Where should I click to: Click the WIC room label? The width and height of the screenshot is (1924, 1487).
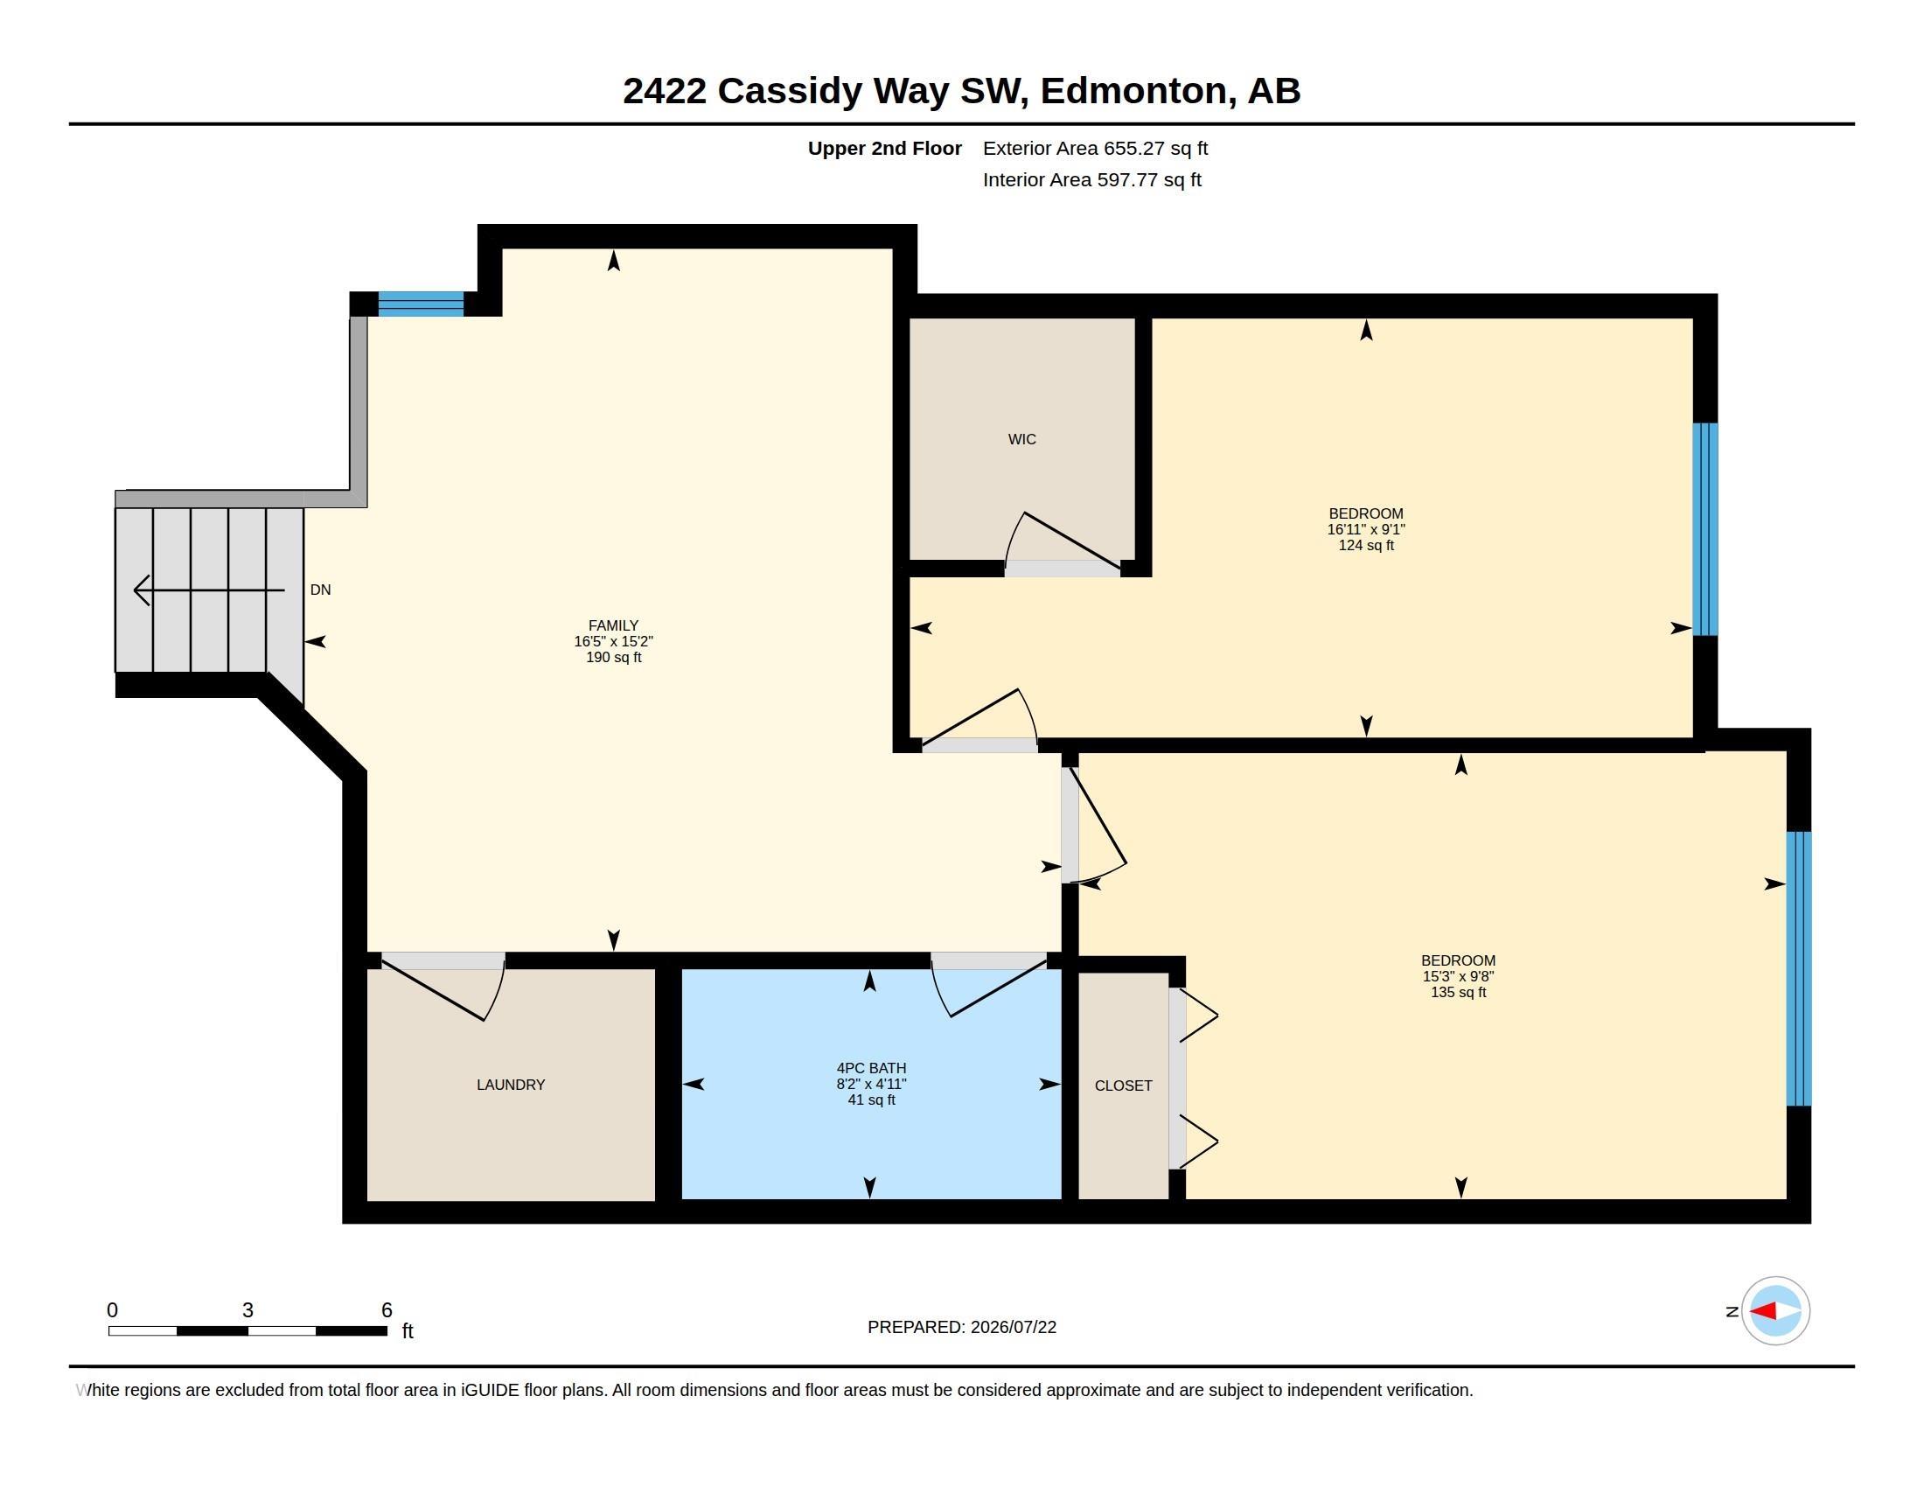point(1021,439)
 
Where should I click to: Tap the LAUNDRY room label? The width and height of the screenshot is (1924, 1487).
point(511,1085)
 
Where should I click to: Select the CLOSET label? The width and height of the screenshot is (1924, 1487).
point(1123,1086)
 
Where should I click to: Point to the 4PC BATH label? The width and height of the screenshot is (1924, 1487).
point(871,1068)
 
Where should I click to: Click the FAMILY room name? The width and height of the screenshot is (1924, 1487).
point(613,625)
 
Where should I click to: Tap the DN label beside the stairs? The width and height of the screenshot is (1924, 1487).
point(321,590)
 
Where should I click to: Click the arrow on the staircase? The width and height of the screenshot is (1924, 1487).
point(209,590)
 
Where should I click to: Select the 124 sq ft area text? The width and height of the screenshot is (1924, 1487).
point(1366,545)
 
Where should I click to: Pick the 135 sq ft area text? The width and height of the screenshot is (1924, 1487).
point(1458,992)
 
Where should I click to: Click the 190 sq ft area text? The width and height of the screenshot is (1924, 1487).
point(613,657)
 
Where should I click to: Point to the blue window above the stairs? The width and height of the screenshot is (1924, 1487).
point(422,304)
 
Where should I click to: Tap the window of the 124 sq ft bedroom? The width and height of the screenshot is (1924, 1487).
point(1705,529)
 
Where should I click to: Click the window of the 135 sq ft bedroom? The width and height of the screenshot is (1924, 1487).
point(1799,968)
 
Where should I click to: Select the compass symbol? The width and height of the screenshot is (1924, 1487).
point(1775,1311)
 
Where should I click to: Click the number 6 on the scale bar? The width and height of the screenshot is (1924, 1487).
point(386,1310)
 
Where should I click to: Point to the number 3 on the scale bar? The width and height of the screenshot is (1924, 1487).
point(247,1310)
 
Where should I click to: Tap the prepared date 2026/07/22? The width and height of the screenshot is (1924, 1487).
point(1013,1327)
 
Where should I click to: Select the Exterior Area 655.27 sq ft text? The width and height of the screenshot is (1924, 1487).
point(1095,148)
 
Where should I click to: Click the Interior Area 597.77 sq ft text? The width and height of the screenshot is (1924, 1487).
point(1091,179)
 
